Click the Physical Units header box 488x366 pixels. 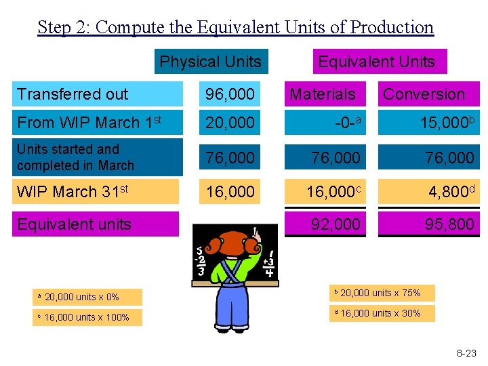click(x=211, y=62)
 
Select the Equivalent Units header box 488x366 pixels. click(x=376, y=62)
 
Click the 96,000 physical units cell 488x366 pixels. click(x=230, y=94)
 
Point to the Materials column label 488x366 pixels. click(x=323, y=94)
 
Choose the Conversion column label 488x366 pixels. click(x=424, y=94)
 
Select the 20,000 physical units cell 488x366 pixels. click(x=230, y=123)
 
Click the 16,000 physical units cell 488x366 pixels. click(x=230, y=192)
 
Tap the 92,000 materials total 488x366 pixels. click(x=336, y=224)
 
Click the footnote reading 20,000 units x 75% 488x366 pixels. click(x=382, y=293)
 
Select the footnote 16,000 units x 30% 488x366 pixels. click(x=382, y=313)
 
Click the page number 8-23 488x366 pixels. click(x=466, y=353)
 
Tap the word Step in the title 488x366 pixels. click(x=52, y=27)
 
